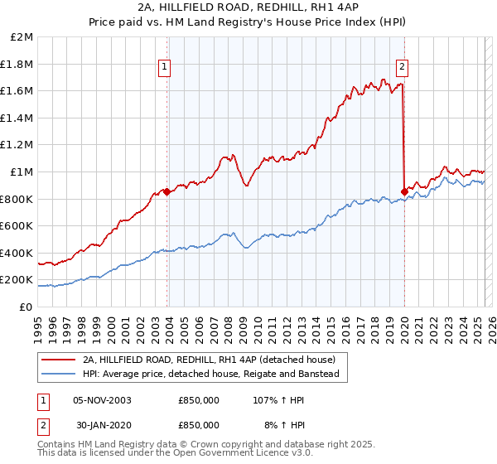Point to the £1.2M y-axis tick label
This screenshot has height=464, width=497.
click(17, 145)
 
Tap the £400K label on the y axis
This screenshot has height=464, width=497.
click(17, 253)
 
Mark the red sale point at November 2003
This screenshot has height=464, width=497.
click(166, 191)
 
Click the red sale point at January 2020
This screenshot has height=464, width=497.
click(404, 191)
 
